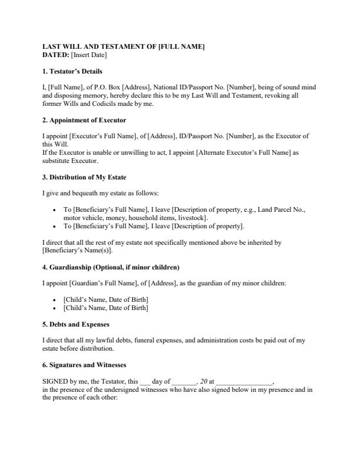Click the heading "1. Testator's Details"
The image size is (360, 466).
72,71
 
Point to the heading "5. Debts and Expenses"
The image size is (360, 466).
76,324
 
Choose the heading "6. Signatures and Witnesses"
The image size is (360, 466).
84,365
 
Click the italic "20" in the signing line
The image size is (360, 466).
204,381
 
